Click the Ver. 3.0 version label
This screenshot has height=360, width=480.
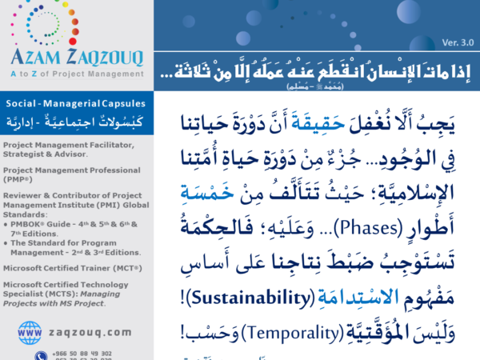[458, 42]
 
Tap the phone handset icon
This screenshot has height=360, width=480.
[39, 354]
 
